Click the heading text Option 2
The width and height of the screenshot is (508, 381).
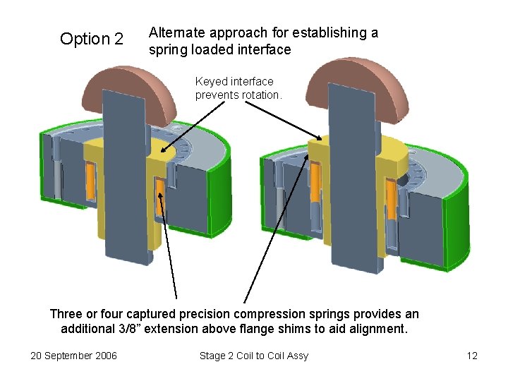[92, 39]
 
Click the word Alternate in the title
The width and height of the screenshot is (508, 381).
[177, 32]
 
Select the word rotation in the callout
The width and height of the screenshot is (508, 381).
[261, 95]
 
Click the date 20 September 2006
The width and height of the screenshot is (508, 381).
[74, 356]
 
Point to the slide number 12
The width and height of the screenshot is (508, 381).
[472, 356]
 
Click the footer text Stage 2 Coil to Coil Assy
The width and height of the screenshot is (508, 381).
[254, 356]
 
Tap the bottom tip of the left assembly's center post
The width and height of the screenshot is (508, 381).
[139, 260]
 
